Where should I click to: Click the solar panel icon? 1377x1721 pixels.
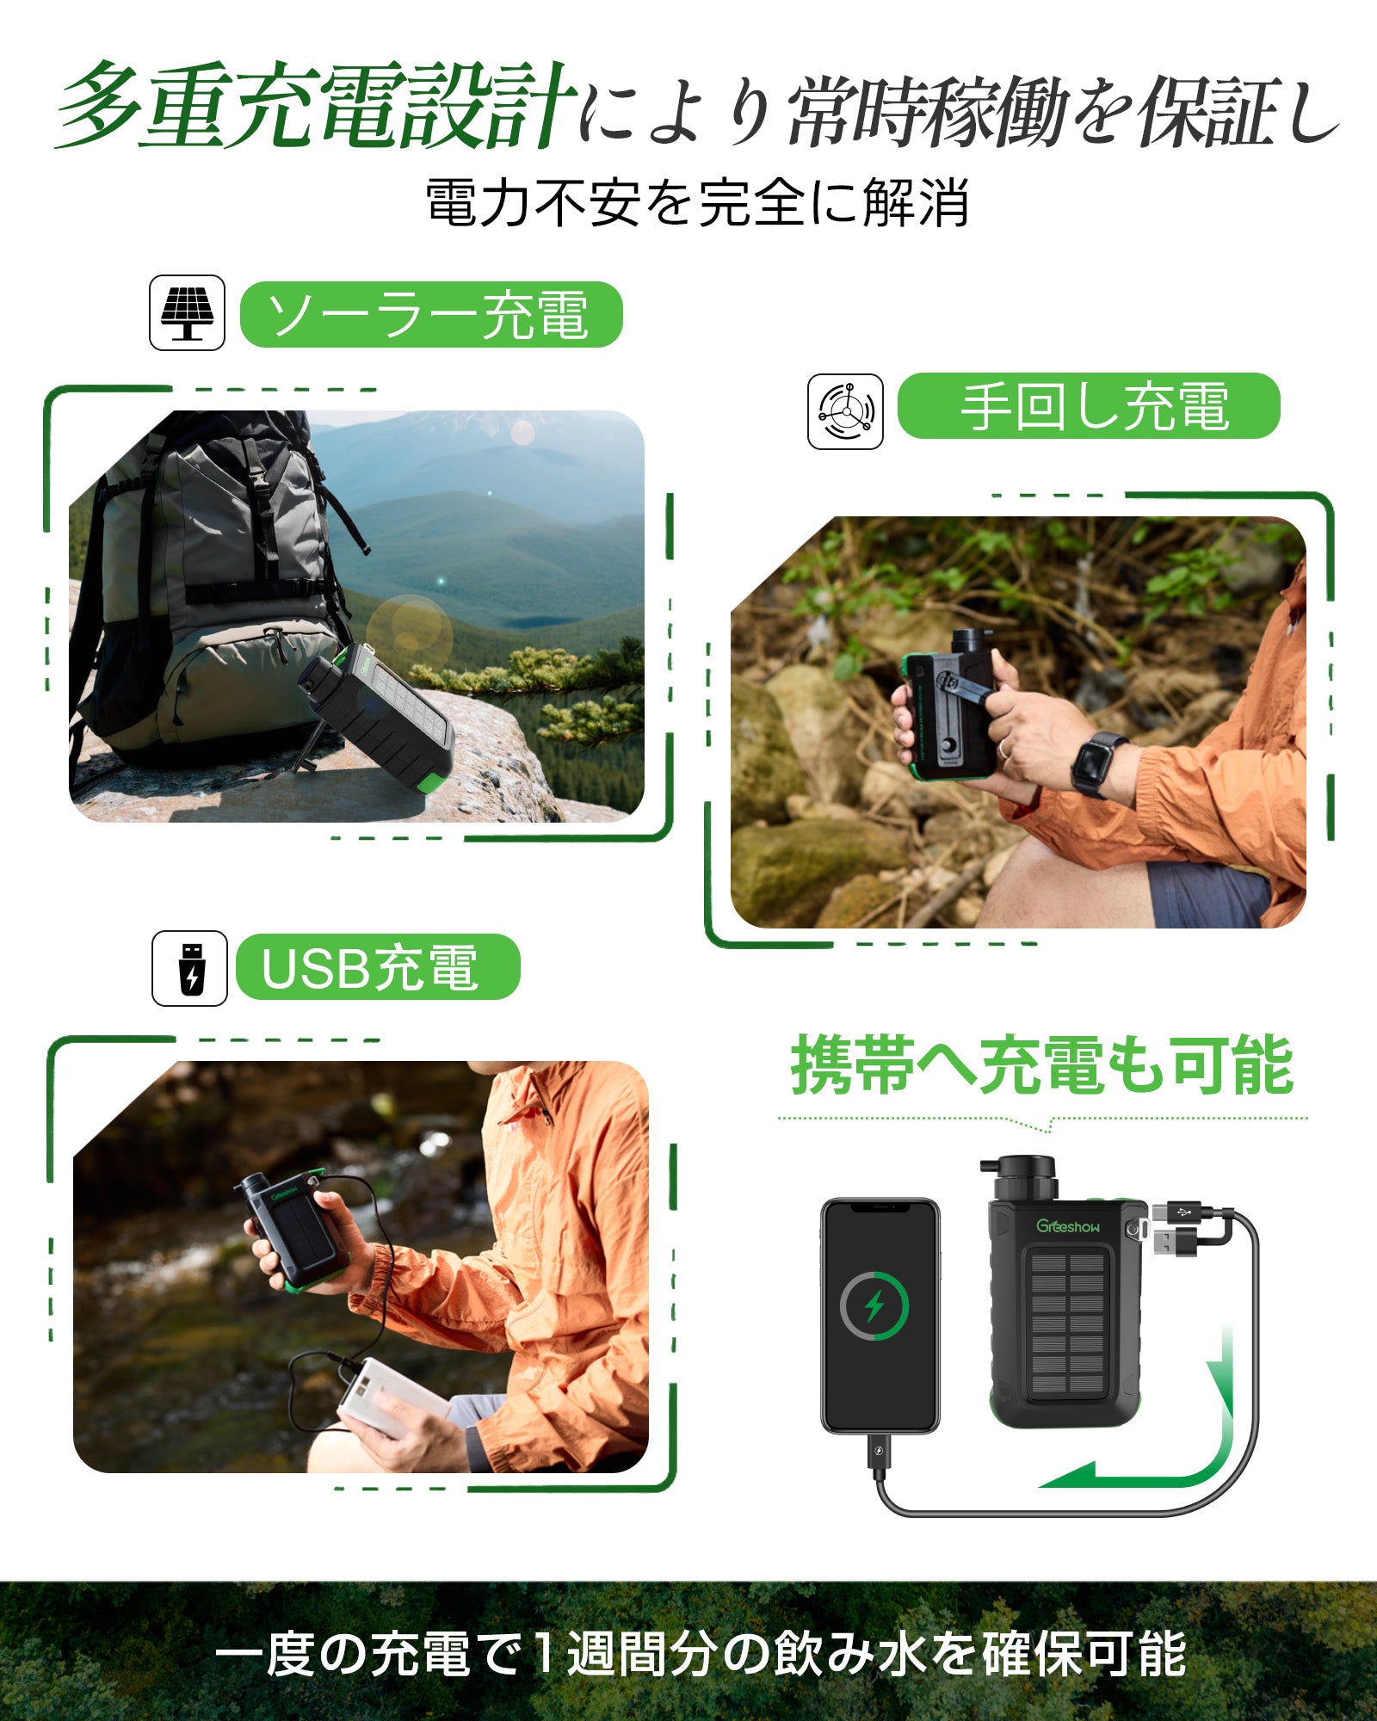pyautogui.click(x=187, y=312)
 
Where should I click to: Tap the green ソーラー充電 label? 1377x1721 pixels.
pyautogui.click(x=430, y=315)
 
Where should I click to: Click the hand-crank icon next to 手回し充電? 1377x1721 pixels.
pyautogui.click(x=845, y=411)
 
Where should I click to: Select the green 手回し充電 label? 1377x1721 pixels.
pyautogui.click(x=1089, y=406)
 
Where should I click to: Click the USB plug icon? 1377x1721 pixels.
pyautogui.click(x=190, y=968)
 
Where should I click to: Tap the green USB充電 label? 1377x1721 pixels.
pyautogui.click(x=378, y=967)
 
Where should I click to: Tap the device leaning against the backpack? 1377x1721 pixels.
pyautogui.click(x=379, y=719)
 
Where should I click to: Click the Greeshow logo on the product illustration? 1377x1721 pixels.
pyautogui.click(x=1067, y=1226)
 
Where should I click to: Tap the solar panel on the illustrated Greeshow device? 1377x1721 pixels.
pyautogui.click(x=1067, y=1325)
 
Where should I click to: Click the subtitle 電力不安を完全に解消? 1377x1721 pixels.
pyautogui.click(x=697, y=203)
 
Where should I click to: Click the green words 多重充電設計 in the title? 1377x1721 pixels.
pyautogui.click(x=314, y=108)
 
